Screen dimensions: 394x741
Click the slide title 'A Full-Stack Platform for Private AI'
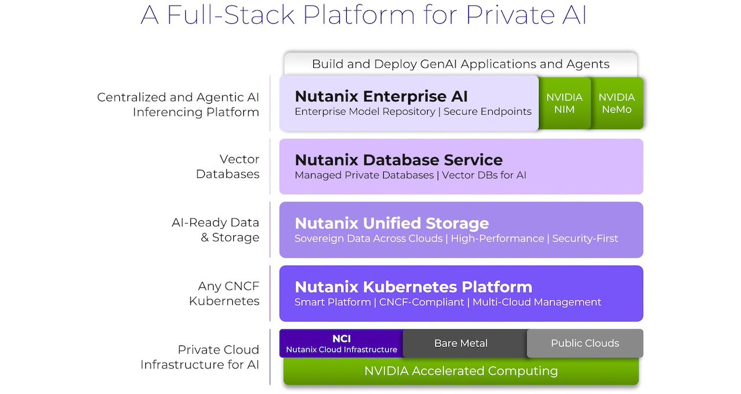point(364,16)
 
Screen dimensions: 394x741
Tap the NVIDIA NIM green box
point(564,103)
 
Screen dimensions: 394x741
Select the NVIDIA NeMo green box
point(617,103)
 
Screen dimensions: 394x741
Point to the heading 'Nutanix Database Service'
point(398,159)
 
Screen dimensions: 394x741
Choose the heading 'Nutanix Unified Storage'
point(391,223)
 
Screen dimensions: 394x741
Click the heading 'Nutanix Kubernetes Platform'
point(413,287)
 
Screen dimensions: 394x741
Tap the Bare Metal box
point(461,344)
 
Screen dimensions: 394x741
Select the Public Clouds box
point(585,344)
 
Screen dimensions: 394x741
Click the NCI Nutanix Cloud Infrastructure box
point(341,344)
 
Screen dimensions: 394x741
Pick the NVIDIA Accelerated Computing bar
point(461,371)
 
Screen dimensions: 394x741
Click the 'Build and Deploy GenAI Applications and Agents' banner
point(460,64)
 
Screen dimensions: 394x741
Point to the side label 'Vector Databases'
point(228,166)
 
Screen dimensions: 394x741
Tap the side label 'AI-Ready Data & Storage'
point(215,230)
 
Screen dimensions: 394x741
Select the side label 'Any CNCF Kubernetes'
point(224,293)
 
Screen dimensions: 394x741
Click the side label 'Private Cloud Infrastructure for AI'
point(200,357)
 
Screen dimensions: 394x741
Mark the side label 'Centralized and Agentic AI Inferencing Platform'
point(178,104)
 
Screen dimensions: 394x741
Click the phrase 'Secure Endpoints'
point(487,111)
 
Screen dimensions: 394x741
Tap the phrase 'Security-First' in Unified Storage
point(585,238)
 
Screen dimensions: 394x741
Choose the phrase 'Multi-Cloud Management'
point(537,302)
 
